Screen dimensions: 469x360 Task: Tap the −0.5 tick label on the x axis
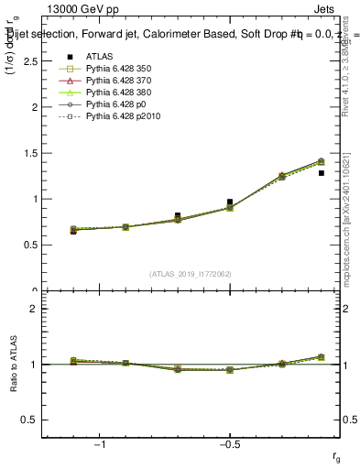pos(228,444)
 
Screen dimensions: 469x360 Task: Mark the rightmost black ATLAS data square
pos(321,173)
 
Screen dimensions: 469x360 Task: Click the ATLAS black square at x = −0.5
pos(230,202)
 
